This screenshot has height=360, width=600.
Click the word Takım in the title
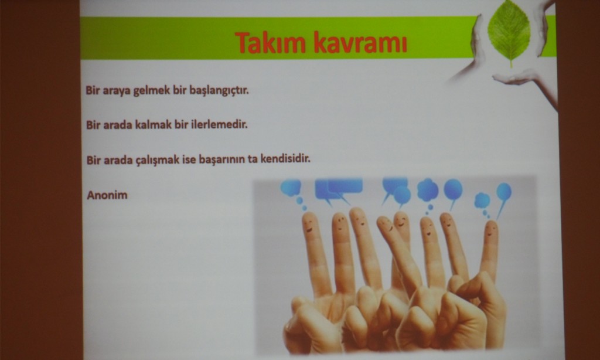point(270,42)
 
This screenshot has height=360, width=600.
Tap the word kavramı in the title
point(360,43)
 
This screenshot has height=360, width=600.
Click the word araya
point(117,93)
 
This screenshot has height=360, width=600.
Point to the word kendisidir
point(285,158)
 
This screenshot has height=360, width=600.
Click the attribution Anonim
point(107,195)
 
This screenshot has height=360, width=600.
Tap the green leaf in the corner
point(509,33)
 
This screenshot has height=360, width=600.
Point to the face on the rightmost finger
point(491,229)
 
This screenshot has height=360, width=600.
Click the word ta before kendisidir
point(253,159)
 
